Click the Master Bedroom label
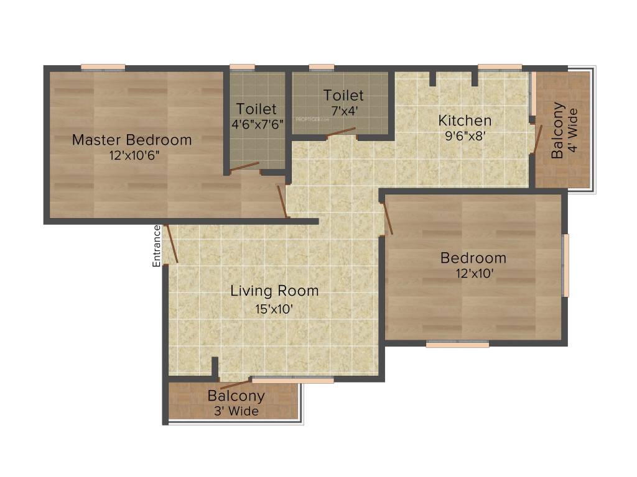coord(132,140)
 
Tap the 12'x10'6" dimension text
coord(132,155)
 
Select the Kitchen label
coord(465,120)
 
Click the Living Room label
coord(274,291)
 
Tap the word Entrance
coord(157,246)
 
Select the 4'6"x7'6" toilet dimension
coord(256,124)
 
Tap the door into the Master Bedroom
coord(282,201)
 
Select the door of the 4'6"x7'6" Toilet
coord(244,166)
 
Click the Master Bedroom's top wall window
coord(103,67)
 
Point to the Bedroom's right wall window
coord(565,265)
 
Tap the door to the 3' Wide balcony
coord(231,383)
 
